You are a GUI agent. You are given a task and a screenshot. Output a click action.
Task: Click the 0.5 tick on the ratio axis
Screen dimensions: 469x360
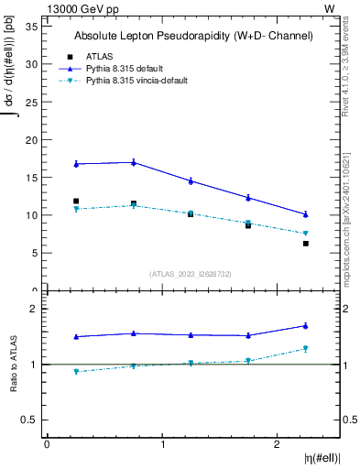click(30, 420)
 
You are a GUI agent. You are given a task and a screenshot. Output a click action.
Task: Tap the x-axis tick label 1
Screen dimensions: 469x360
click(162, 444)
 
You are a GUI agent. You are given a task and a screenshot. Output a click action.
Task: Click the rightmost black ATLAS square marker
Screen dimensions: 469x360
click(306, 244)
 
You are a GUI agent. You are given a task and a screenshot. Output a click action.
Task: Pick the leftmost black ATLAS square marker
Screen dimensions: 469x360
click(76, 201)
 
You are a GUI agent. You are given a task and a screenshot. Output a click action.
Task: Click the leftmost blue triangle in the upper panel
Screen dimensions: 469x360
click(76, 164)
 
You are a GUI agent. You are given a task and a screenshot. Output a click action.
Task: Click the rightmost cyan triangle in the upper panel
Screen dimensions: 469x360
click(306, 234)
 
